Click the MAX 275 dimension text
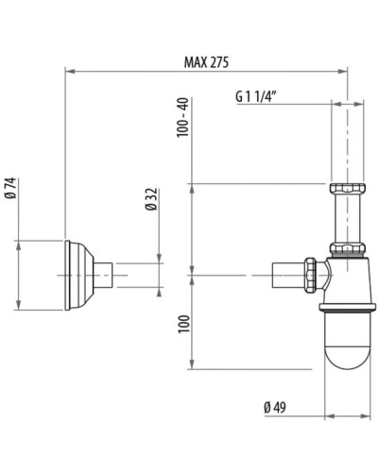click(x=206, y=60)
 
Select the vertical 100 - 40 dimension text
click(x=183, y=117)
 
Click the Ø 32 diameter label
click(x=150, y=200)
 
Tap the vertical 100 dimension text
click(x=183, y=323)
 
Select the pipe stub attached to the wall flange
click(x=109, y=275)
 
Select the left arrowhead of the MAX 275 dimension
click(x=68, y=70)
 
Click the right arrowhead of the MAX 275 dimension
click(x=345, y=70)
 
